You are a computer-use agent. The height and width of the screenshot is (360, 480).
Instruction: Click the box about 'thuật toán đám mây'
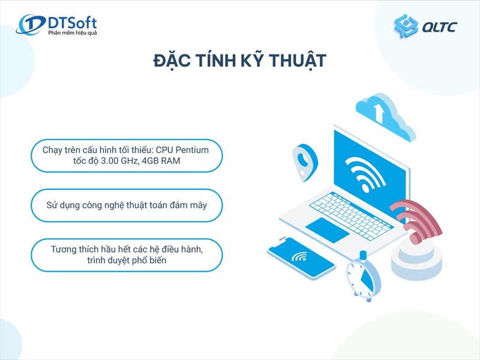pos(126,206)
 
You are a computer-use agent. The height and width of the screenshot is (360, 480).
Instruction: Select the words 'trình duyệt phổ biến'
pos(126,262)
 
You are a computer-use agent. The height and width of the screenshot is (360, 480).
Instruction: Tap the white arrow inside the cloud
pos(379,112)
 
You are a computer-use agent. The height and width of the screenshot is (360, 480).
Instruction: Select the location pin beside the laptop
pos(304,161)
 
